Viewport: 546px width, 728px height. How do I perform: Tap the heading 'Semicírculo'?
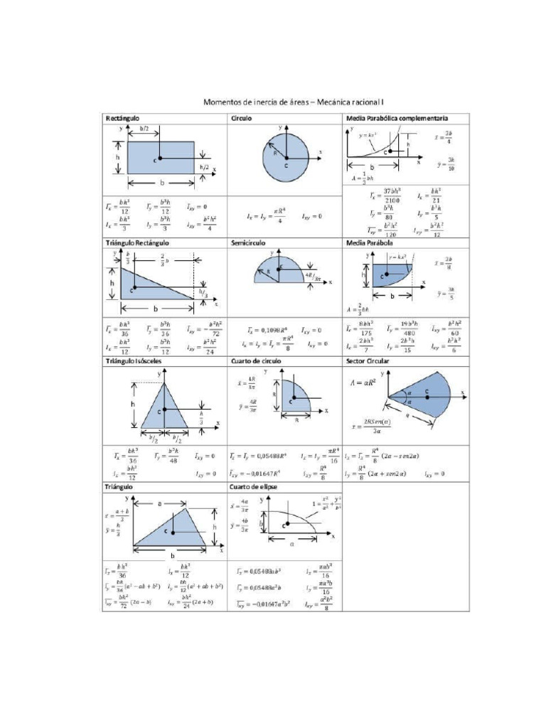pos(248,242)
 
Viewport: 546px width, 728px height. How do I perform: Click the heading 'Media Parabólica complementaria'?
pos(396,117)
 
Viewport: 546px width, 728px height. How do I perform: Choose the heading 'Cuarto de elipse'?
pos(254,487)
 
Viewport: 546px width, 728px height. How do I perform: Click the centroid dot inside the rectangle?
pos(161,158)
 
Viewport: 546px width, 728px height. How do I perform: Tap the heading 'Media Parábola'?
pos(368,242)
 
